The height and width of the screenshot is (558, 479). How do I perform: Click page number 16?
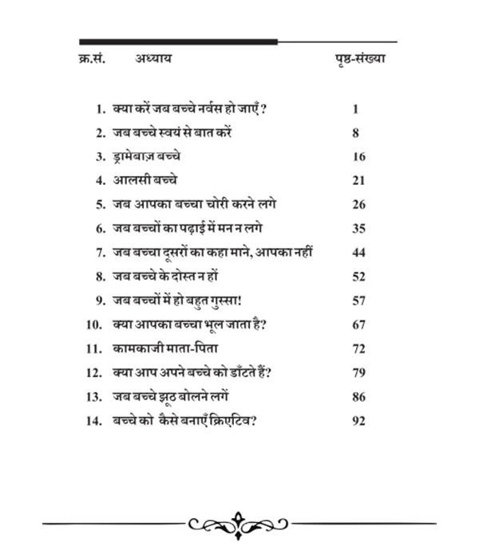(358, 156)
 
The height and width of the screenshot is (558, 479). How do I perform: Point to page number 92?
(358, 420)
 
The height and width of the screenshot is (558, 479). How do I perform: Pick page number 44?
(358, 253)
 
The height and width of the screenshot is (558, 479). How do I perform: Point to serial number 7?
(100, 253)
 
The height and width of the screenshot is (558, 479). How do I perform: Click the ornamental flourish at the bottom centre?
(239, 524)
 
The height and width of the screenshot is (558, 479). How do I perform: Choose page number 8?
(356, 132)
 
